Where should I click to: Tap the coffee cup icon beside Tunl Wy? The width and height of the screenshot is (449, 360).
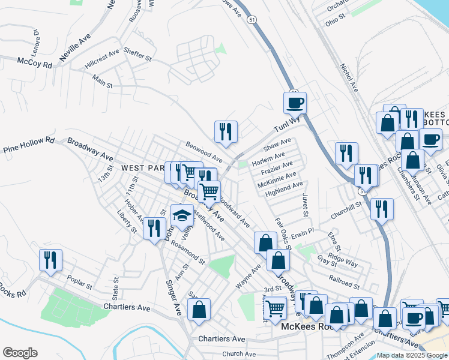295,103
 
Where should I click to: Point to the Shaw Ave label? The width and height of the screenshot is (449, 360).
277,145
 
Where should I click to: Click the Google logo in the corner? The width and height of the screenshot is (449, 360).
20,353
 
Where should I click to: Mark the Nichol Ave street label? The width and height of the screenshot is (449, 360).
349,78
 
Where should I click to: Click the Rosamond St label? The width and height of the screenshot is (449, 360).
188,252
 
